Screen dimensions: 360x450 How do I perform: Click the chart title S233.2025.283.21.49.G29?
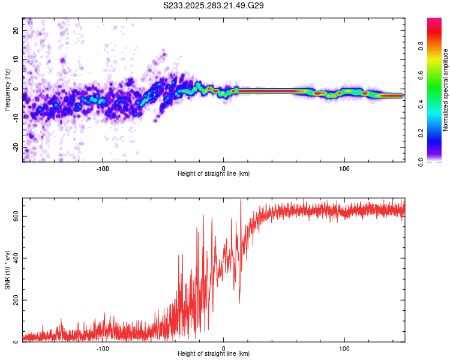point(214,5)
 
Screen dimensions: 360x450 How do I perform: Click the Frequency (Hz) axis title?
point(7,90)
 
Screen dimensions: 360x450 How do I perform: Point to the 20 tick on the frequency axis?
point(16,31)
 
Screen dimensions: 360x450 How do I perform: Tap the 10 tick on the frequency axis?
point(16,60)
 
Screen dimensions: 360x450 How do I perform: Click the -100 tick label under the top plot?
point(102,168)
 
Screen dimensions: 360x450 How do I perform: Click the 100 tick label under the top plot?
point(344,168)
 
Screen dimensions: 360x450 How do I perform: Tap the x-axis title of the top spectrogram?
point(214,174)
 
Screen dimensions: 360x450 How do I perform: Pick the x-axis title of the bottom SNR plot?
point(214,354)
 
